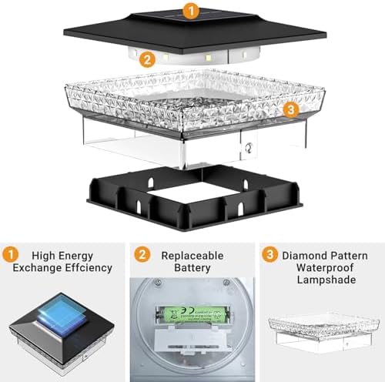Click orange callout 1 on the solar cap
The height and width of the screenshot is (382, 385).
tap(191, 12)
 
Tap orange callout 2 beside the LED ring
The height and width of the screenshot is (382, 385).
tap(147, 59)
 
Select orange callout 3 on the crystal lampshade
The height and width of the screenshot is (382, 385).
tap(291, 109)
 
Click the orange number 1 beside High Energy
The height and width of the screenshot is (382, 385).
tap(10, 255)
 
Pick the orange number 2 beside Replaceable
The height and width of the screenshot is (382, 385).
tap(142, 254)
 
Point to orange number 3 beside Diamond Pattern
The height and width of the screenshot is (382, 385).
tap(269, 254)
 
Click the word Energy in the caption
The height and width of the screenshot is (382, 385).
tap(75, 256)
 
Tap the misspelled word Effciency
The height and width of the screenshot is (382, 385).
tap(89, 268)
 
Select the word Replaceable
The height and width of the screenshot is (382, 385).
tap(192, 256)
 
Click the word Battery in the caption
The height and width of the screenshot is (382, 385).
tap(192, 268)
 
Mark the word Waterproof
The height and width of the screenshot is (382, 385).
tap(325, 268)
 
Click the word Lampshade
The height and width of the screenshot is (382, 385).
tap(326, 280)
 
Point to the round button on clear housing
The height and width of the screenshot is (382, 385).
tap(249, 148)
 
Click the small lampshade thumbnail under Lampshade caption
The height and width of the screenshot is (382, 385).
tap(324, 333)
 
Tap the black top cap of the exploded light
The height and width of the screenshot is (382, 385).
tap(195, 31)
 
